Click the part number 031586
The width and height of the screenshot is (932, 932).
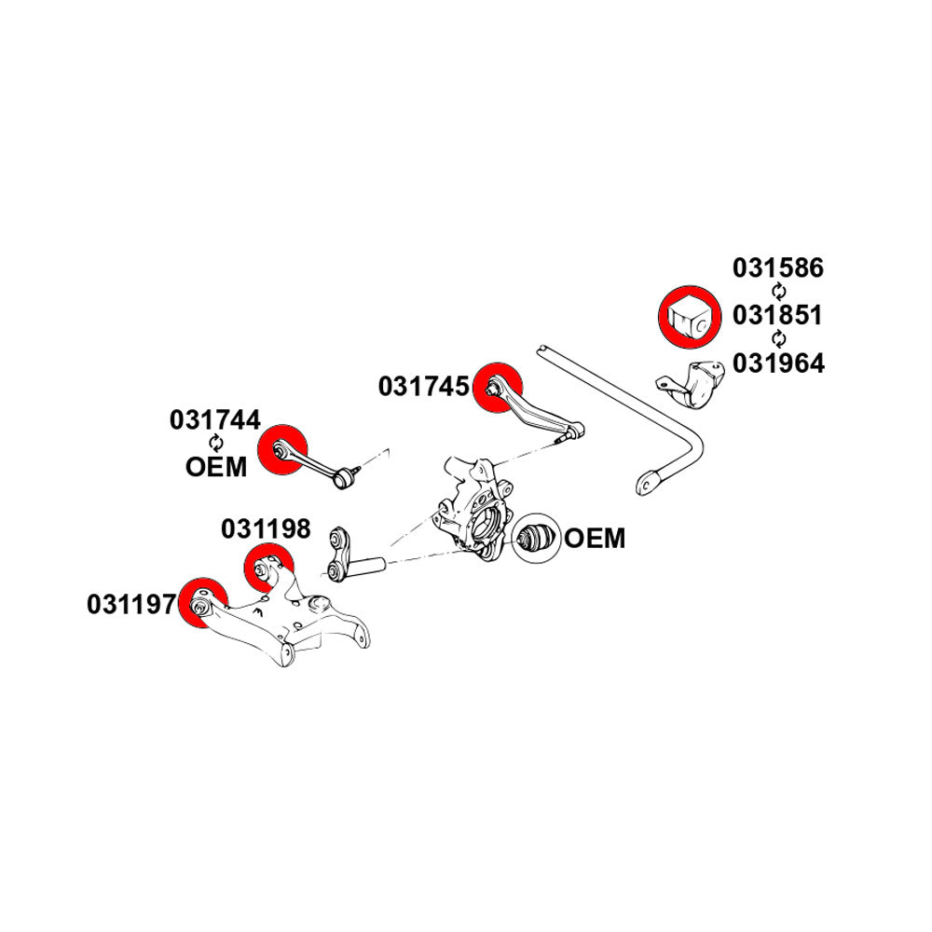[777, 268]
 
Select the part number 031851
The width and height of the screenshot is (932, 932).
[777, 316]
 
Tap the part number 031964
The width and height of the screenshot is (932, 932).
[777, 363]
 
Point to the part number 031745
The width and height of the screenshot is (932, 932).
[424, 386]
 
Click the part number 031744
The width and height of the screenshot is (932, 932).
[215, 420]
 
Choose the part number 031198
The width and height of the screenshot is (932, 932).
[266, 529]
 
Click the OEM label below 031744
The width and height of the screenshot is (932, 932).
[216, 466]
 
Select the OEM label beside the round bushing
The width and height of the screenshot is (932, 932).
[595, 539]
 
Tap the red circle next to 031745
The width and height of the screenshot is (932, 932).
[498, 384]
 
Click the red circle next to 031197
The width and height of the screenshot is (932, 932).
[202, 604]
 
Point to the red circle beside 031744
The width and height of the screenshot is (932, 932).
[283, 450]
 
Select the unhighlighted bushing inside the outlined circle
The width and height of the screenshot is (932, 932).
[535, 538]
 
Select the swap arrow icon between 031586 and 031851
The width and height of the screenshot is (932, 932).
[778, 293]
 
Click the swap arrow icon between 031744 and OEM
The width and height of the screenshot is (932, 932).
[216, 443]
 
